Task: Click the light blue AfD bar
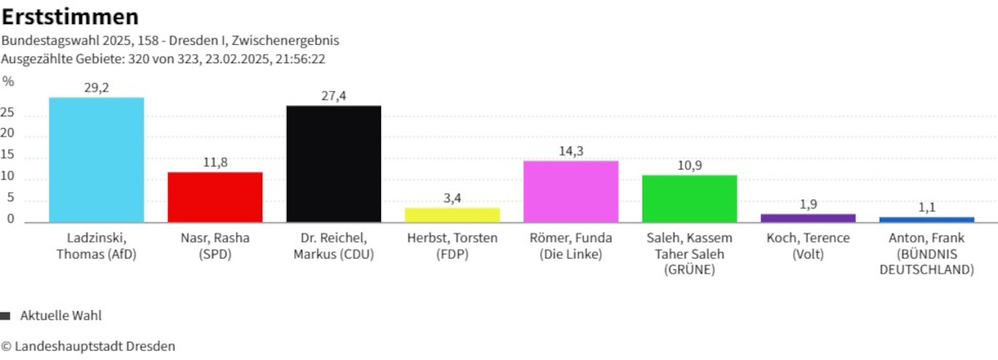(x=96, y=160)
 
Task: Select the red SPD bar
(x=215, y=197)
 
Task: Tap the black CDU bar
(x=333, y=164)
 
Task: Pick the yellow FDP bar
(x=452, y=215)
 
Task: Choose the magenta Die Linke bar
(x=571, y=191)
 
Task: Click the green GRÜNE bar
(x=689, y=199)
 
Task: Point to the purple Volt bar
(x=808, y=218)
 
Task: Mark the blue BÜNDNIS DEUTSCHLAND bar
(x=926, y=219)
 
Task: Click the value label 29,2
(x=96, y=87)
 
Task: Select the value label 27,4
(x=333, y=96)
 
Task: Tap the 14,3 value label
(x=571, y=150)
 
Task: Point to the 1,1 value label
(x=926, y=207)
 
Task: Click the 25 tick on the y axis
(x=8, y=115)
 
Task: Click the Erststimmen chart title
(x=70, y=17)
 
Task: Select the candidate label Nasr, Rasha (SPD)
(x=215, y=246)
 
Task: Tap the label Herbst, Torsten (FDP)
(x=452, y=246)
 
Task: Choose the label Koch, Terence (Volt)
(x=808, y=246)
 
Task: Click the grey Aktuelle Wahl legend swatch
(x=6, y=316)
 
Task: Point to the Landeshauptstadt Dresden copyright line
(x=88, y=346)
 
